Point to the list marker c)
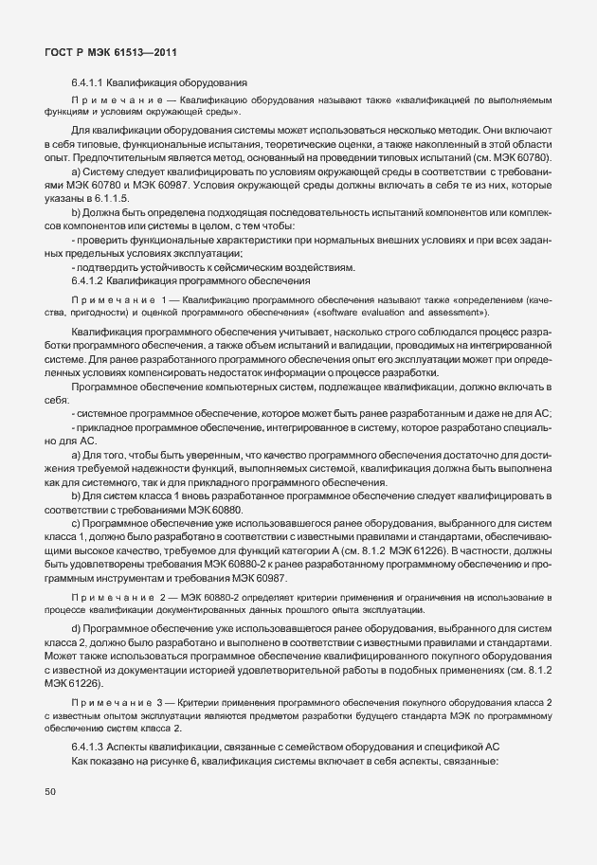pos(76,523)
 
